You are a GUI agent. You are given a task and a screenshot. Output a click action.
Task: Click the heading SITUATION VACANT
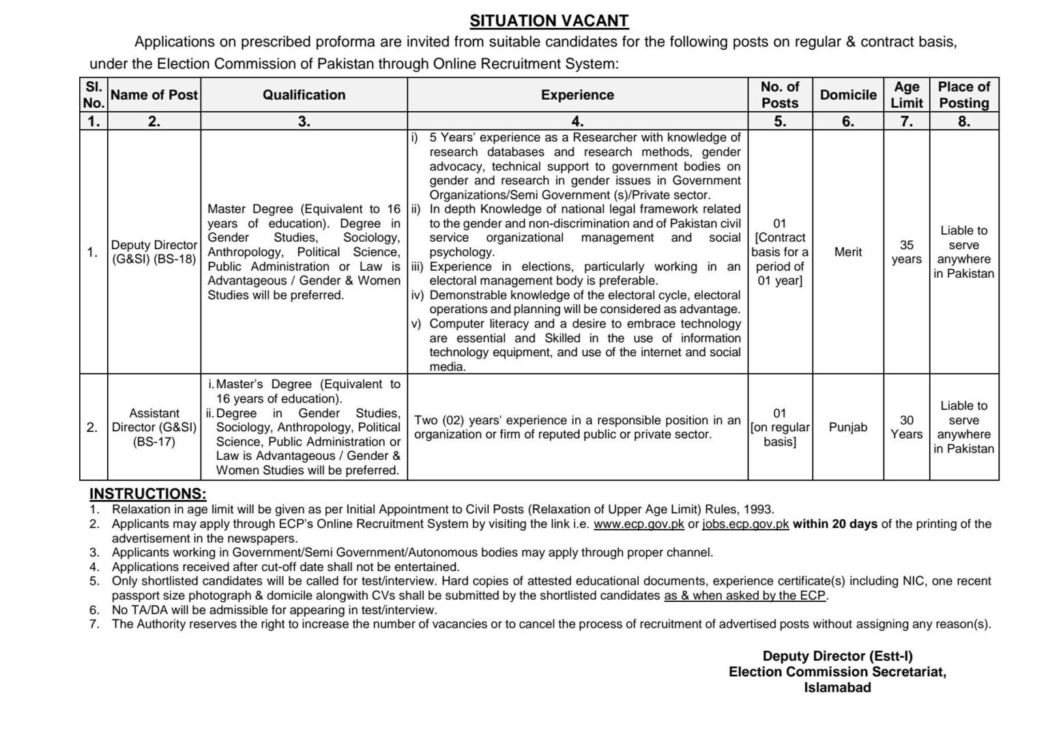point(549,20)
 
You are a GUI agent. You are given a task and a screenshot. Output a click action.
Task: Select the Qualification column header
point(304,96)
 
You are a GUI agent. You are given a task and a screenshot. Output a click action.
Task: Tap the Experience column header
point(577,96)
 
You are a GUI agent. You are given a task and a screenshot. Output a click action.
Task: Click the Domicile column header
point(848,96)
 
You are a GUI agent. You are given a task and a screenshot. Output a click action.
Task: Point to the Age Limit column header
point(906,96)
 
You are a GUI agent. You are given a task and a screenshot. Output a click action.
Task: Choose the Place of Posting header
point(963,96)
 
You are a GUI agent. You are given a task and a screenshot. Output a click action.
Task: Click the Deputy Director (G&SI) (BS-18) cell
point(154,252)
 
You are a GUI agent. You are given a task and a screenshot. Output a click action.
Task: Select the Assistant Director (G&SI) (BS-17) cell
point(154,427)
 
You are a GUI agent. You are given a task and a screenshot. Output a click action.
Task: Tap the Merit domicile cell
point(848,252)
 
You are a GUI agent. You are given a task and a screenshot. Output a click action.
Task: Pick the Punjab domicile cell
point(848,427)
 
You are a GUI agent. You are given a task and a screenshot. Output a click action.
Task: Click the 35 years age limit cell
point(906,252)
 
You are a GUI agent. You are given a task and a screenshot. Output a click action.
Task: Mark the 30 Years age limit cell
point(906,427)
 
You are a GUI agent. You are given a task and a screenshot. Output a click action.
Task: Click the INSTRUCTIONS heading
point(148,493)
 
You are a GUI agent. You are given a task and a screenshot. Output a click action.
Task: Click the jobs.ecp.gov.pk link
point(745,524)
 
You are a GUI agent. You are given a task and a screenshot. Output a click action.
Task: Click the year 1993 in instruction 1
point(759,509)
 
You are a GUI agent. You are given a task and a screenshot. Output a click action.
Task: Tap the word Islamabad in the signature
point(837,688)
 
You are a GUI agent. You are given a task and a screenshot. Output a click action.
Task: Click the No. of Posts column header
point(780,96)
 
